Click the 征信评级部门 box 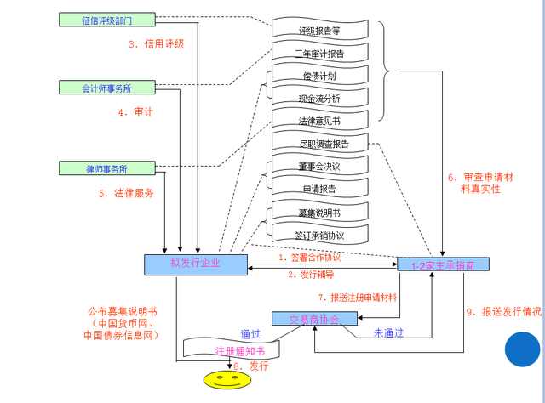point(106,19)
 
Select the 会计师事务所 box point(106,87)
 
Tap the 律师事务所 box point(106,167)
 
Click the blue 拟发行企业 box point(195,264)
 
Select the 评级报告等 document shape point(321,31)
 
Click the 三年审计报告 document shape point(321,54)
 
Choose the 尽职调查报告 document point(323,143)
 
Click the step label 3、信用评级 point(157,43)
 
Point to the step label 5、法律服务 point(126,193)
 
